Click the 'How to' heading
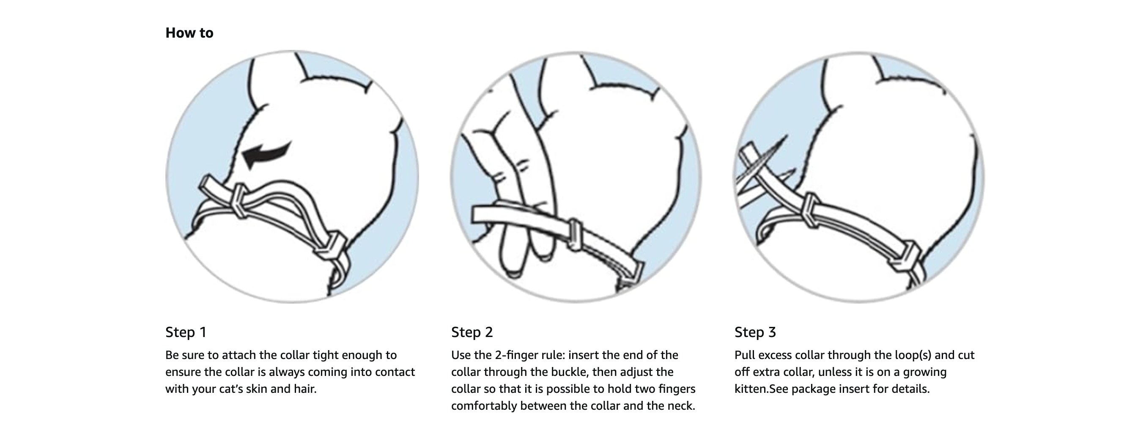(x=189, y=33)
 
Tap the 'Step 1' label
(x=186, y=332)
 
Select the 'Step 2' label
(x=472, y=332)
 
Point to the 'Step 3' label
(x=755, y=332)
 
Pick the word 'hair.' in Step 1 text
(x=305, y=389)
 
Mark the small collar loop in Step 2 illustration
(x=575, y=233)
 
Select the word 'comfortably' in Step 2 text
(x=484, y=406)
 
